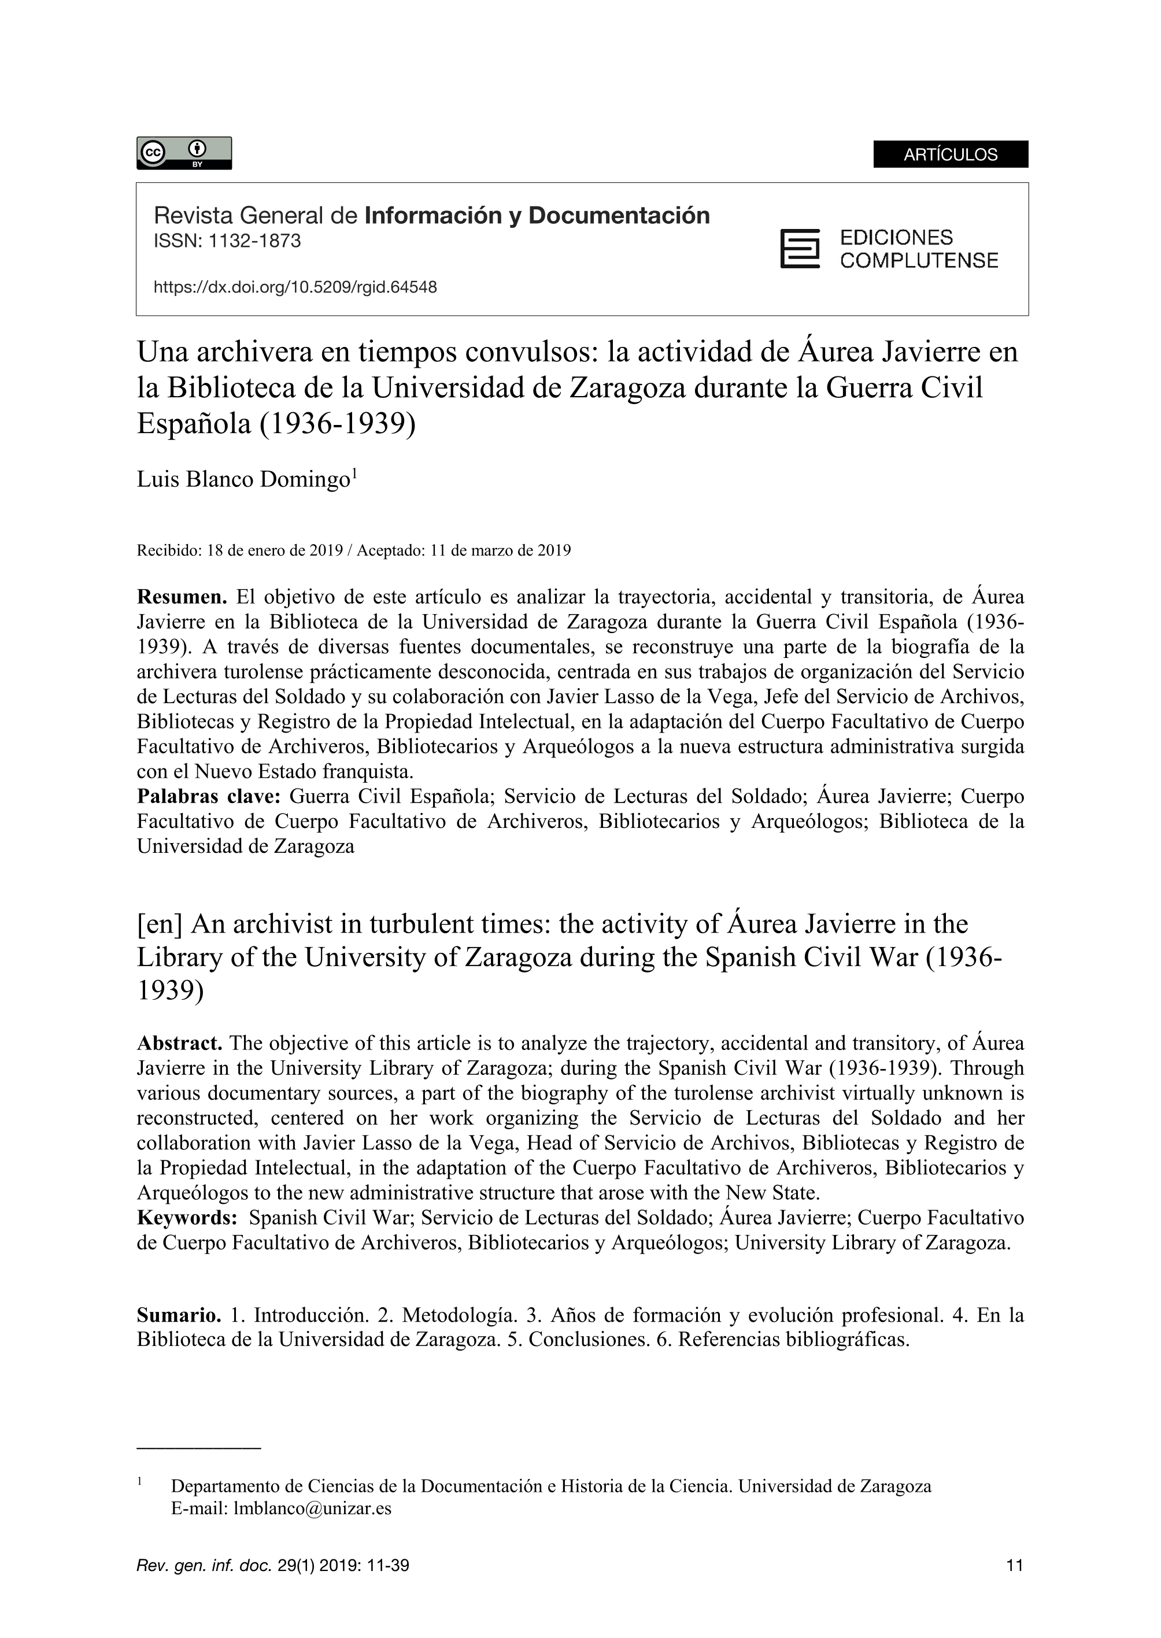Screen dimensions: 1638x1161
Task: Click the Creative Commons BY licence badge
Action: click(184, 153)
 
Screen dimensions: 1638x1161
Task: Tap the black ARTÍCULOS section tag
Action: click(950, 154)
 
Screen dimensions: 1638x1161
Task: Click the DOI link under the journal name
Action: click(295, 287)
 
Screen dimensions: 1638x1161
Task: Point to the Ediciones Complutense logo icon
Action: click(799, 249)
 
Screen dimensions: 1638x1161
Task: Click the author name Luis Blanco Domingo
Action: click(242, 480)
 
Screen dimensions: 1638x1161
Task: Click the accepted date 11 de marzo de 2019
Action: click(501, 550)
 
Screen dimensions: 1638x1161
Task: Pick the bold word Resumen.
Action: click(182, 597)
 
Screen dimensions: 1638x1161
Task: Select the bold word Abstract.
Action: click(179, 1043)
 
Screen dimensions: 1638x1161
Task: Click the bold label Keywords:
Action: click(187, 1218)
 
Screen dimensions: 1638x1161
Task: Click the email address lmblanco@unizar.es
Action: click(312, 1509)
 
